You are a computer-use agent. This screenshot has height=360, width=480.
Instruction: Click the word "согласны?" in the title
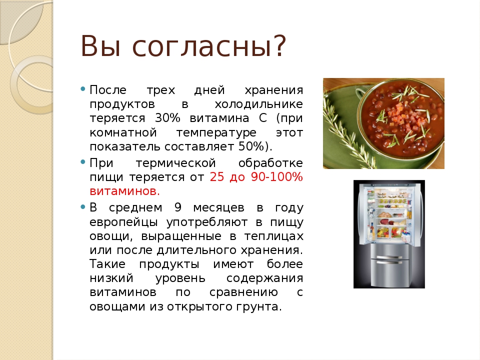(209, 46)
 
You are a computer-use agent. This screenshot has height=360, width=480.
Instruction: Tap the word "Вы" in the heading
(100, 46)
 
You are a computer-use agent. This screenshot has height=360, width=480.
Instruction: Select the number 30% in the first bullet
(167, 118)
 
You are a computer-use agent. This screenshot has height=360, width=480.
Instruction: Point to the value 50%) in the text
(255, 146)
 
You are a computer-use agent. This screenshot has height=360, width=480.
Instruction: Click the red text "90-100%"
(276, 177)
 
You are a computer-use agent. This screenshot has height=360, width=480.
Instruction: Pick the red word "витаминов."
(124, 191)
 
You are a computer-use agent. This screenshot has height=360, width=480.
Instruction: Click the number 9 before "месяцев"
(178, 207)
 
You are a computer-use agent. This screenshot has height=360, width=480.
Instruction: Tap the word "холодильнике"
(258, 104)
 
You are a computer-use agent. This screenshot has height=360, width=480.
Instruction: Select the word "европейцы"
(123, 222)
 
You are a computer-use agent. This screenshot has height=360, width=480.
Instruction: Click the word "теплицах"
(273, 236)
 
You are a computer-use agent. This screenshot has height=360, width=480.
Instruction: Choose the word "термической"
(175, 163)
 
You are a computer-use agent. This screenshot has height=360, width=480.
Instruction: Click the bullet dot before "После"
(82, 89)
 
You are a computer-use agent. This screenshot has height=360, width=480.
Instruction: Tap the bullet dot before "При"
(82, 162)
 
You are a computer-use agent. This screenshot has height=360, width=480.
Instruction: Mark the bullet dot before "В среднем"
(82, 207)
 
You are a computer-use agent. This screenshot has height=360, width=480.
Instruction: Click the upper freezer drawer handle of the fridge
(389, 257)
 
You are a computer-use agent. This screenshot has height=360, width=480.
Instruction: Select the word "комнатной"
(123, 133)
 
